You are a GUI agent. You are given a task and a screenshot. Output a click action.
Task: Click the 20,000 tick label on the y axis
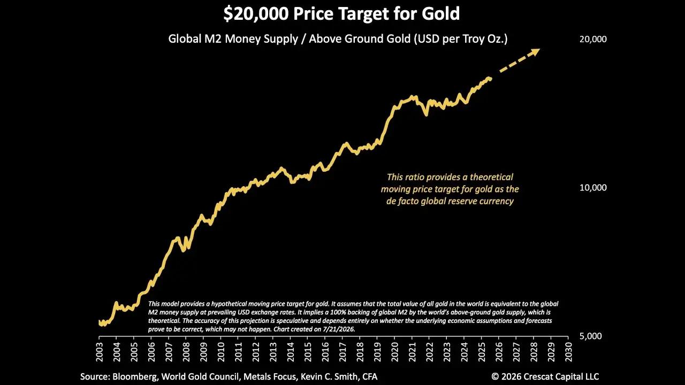tap(593, 39)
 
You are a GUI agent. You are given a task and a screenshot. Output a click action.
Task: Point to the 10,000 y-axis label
tap(593, 188)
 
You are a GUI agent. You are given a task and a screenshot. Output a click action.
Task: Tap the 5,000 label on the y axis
tap(590, 336)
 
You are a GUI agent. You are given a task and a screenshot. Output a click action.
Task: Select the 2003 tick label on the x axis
tap(100, 351)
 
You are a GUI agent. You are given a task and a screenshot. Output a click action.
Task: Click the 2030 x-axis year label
tap(568, 351)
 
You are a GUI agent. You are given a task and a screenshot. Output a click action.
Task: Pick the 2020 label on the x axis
tap(394, 351)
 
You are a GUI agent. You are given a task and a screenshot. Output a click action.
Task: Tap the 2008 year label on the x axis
tap(186, 351)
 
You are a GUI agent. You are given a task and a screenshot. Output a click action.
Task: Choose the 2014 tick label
tap(290, 351)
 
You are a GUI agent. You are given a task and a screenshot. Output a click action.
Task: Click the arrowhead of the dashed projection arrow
tap(535, 52)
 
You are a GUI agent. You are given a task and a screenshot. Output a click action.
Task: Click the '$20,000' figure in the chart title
tap(256, 14)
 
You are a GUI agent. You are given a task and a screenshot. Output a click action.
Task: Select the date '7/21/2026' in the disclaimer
tap(338, 329)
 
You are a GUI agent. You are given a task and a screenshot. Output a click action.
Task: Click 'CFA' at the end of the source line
tap(370, 377)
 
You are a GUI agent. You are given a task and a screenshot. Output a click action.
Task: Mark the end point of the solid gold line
tap(491, 79)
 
